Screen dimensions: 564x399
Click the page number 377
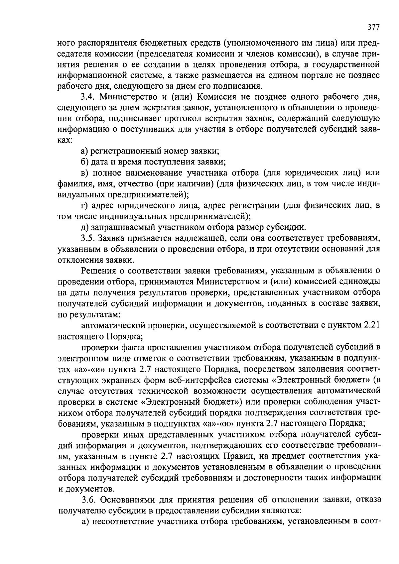[374, 27]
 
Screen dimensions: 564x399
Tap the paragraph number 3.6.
[88, 500]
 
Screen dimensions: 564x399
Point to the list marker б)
[85, 162]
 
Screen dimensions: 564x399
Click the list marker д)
[85, 227]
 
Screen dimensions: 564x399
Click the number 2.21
[372, 325]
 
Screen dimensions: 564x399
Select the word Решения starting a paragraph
[98, 271]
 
